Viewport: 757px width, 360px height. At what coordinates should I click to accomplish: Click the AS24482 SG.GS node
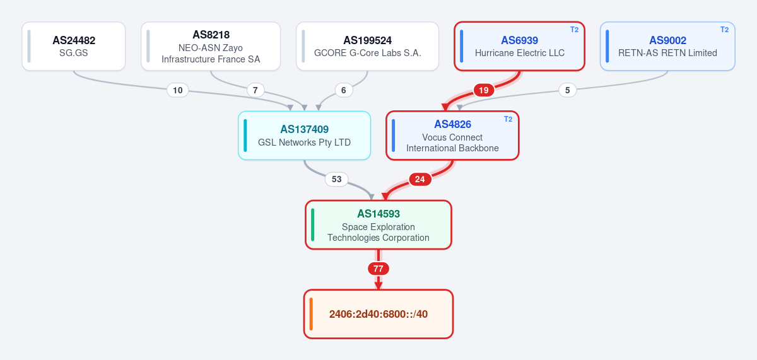pyautogui.click(x=74, y=46)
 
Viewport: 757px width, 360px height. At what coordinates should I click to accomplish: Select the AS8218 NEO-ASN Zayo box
pyautogui.click(x=211, y=46)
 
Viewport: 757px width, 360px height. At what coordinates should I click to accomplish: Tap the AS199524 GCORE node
pyautogui.click(x=367, y=46)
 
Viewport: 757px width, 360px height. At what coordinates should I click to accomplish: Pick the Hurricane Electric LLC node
pyautogui.click(x=519, y=46)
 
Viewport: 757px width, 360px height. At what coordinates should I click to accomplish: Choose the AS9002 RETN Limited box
pyautogui.click(x=667, y=46)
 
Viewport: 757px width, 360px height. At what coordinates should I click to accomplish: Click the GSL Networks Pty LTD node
pyautogui.click(x=304, y=136)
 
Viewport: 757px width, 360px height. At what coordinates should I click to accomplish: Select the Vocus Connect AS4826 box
pyautogui.click(x=452, y=136)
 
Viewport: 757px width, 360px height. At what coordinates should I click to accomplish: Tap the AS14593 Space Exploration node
pyautogui.click(x=378, y=225)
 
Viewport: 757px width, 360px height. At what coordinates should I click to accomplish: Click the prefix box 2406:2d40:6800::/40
pyautogui.click(x=378, y=314)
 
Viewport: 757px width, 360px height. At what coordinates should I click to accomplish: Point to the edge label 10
pyautogui.click(x=177, y=90)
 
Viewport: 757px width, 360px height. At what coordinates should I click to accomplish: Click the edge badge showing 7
pyautogui.click(x=255, y=90)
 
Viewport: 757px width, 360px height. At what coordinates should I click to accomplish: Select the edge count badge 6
pyautogui.click(x=344, y=90)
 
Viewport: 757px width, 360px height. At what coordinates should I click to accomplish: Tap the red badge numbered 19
pyautogui.click(x=484, y=90)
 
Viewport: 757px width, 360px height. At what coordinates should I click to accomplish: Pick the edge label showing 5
pyautogui.click(x=567, y=90)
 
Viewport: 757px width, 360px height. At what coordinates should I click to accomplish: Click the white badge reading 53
pyautogui.click(x=336, y=179)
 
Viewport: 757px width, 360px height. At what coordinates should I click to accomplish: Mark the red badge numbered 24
pyautogui.click(x=420, y=179)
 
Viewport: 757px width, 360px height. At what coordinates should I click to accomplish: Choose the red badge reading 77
pyautogui.click(x=378, y=269)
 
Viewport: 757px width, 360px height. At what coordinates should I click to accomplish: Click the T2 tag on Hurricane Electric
pyautogui.click(x=574, y=30)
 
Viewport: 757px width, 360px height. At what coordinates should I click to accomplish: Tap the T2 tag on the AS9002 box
pyautogui.click(x=724, y=30)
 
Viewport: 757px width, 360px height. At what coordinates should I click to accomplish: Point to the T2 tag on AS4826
pyautogui.click(x=508, y=119)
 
